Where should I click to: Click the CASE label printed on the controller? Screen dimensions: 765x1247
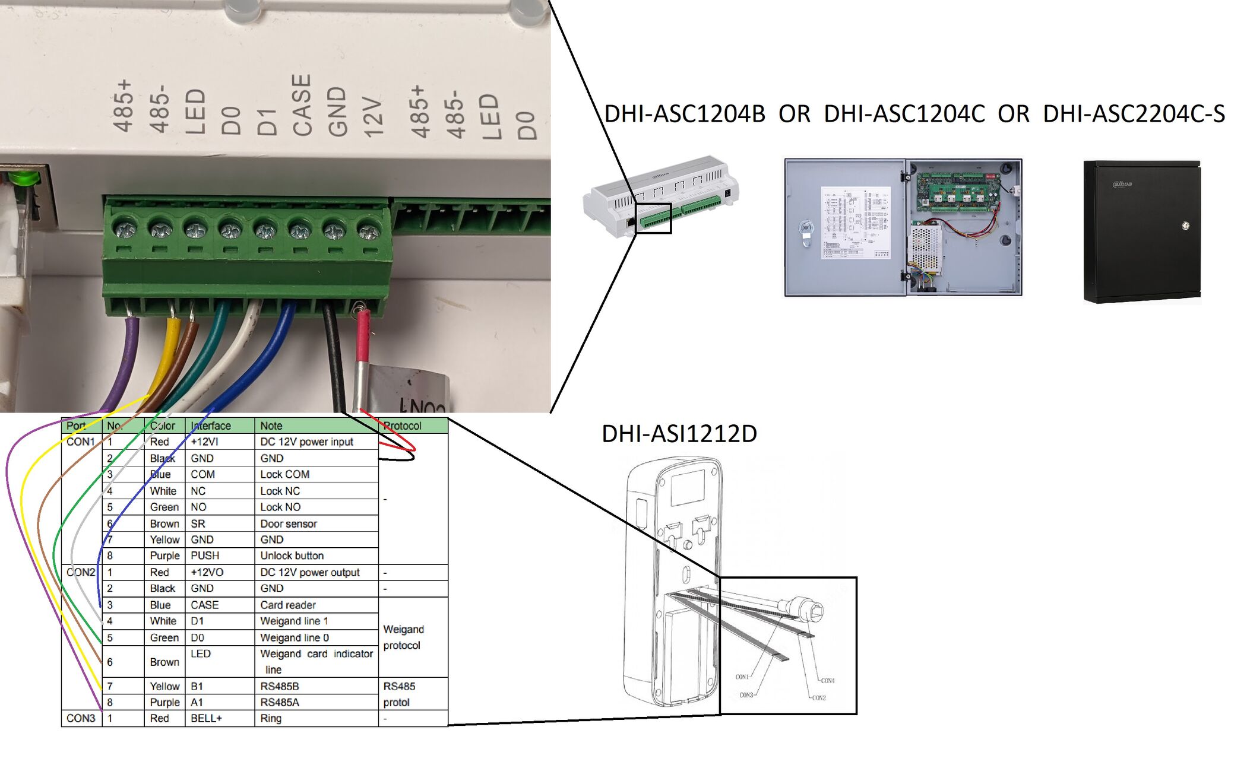(302, 105)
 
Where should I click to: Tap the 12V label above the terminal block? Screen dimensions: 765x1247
(373, 117)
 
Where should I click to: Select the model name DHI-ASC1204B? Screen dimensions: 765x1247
(685, 113)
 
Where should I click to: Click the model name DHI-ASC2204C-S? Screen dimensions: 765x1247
(1134, 113)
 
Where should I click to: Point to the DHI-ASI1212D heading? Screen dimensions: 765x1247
(679, 434)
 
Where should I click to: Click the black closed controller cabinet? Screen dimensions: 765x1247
(1141, 231)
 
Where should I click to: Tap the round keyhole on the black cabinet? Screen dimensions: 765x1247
(1185, 225)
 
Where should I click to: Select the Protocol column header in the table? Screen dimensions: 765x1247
(403, 426)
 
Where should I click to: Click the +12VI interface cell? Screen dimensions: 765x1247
(205, 442)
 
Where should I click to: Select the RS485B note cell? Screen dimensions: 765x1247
(280, 686)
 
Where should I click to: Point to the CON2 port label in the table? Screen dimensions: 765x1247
(81, 572)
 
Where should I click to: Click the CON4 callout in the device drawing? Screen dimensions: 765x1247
(827, 681)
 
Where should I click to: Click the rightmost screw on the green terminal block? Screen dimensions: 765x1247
(369, 230)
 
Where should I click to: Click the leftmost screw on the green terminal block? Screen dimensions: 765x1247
(125, 228)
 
